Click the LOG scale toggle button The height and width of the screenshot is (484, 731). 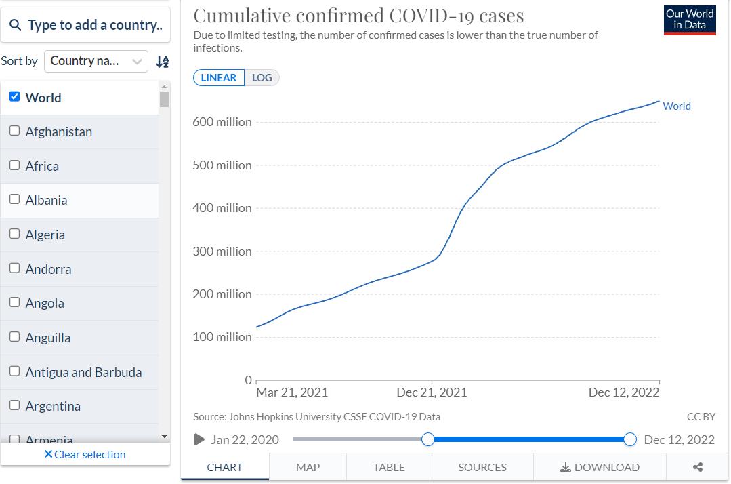click(x=262, y=77)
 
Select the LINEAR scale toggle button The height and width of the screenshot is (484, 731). click(x=218, y=77)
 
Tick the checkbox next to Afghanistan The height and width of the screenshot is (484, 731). click(x=15, y=131)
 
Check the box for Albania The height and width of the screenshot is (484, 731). click(x=15, y=199)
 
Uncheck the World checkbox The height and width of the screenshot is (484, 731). click(x=15, y=97)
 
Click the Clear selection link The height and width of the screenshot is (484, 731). click(x=85, y=454)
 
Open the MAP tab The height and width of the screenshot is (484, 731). click(x=308, y=467)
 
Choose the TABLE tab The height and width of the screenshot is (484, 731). click(x=389, y=467)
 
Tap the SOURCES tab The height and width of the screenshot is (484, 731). click(x=482, y=467)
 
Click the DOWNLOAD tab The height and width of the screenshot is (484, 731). click(x=600, y=467)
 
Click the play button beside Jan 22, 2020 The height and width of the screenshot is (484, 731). click(x=199, y=439)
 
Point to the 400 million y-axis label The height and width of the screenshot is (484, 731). click(x=222, y=208)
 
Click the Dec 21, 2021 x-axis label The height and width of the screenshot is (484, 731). click(x=432, y=392)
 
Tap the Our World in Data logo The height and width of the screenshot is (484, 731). click(x=690, y=20)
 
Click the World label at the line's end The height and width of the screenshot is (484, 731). click(x=676, y=106)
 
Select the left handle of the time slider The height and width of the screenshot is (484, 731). click(x=428, y=439)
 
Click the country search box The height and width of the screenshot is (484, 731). click(x=85, y=25)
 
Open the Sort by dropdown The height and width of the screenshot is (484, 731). click(x=96, y=61)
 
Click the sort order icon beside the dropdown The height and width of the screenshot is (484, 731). click(x=162, y=62)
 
